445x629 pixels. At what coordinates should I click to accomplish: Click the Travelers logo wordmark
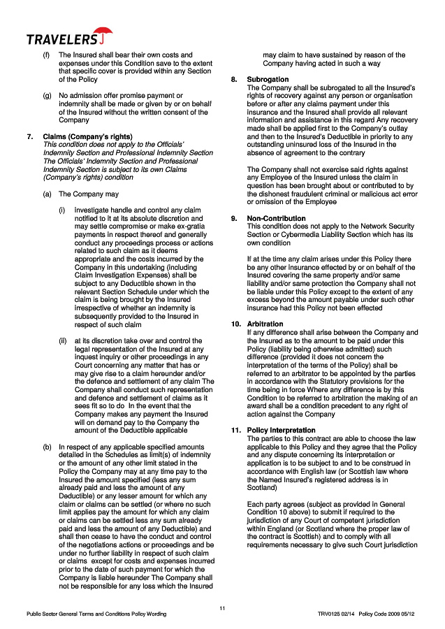[x=61, y=38]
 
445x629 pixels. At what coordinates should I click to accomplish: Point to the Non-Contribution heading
[x=276, y=219]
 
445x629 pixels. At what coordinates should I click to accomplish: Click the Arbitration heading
[x=265, y=324]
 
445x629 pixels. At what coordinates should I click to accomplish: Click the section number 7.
[x=29, y=136]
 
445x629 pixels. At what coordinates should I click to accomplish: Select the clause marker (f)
[x=47, y=55]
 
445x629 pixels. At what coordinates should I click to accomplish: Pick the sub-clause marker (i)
[x=61, y=210]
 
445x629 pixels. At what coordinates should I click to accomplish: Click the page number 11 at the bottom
[x=222, y=609]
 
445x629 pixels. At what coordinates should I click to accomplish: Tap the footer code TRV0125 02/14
[x=337, y=615]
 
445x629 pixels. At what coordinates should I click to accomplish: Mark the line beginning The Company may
[x=88, y=194]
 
